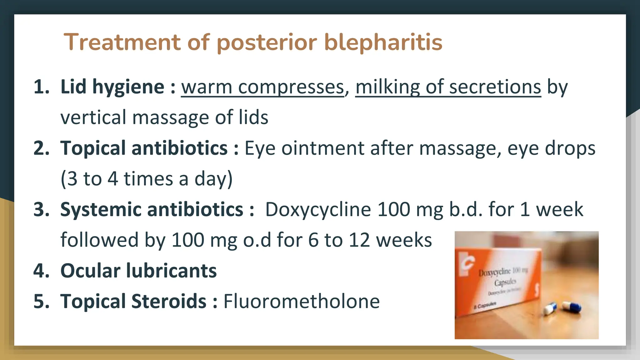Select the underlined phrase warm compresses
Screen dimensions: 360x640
pos(262,87)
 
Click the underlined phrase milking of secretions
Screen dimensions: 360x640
pos(448,87)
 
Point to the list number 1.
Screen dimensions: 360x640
pos(41,87)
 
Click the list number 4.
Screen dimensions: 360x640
pos(41,271)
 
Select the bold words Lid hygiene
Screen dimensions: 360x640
pos(112,87)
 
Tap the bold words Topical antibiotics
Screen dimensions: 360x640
pos(144,148)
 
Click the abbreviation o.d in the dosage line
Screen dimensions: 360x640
pos(257,240)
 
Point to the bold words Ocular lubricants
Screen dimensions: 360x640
pos(138,271)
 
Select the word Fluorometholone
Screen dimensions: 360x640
pos(301,301)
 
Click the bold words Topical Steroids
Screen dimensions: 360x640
pos(133,301)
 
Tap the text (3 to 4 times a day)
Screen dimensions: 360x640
pos(146,179)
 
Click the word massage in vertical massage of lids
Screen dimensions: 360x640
pos(171,117)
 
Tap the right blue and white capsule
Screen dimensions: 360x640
pos(572,306)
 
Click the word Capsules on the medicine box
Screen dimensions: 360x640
pos(505,282)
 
